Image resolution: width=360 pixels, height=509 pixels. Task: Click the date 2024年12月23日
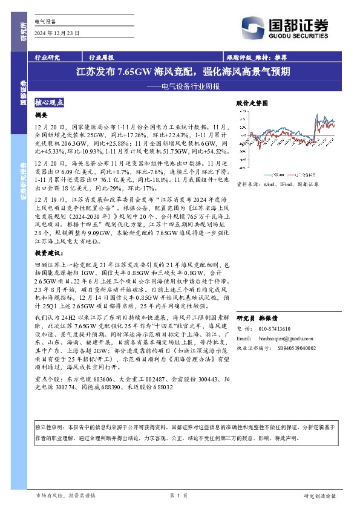[57, 32]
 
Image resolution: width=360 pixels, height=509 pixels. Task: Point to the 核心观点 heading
[50, 103]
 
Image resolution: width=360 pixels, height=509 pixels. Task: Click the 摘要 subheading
[41, 114]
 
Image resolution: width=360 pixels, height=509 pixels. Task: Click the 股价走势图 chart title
[251, 103]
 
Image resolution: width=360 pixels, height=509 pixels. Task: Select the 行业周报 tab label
[101, 57]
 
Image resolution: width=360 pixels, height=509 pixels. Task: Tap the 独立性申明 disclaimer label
[51, 427]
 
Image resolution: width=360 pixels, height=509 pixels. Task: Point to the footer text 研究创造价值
[320, 496]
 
